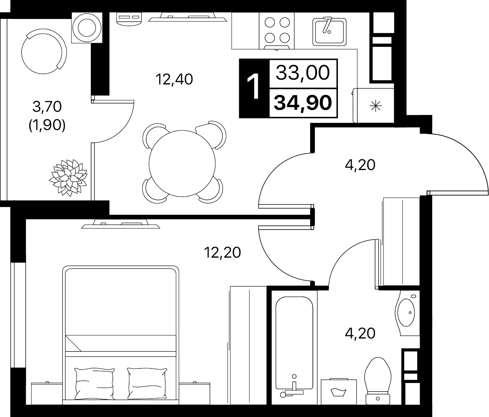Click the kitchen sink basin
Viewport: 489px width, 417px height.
tap(329, 32)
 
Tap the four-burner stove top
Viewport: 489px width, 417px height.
tap(277, 31)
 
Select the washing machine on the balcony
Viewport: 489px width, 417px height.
tap(87, 28)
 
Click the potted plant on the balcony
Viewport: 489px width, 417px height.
tap(68, 178)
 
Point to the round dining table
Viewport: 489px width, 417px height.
tap(182, 163)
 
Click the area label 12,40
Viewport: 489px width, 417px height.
tap(174, 79)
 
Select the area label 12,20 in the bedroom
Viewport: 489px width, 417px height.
tap(222, 252)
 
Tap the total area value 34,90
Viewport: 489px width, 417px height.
tap(303, 103)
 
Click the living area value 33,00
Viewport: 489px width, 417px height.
tap(303, 73)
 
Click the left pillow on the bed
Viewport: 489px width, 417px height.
tap(94, 383)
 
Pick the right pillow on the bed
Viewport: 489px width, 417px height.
tap(147, 383)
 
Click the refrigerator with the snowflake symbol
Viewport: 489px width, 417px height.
tap(373, 105)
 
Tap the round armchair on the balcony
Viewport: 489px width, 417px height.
tap(44, 52)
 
